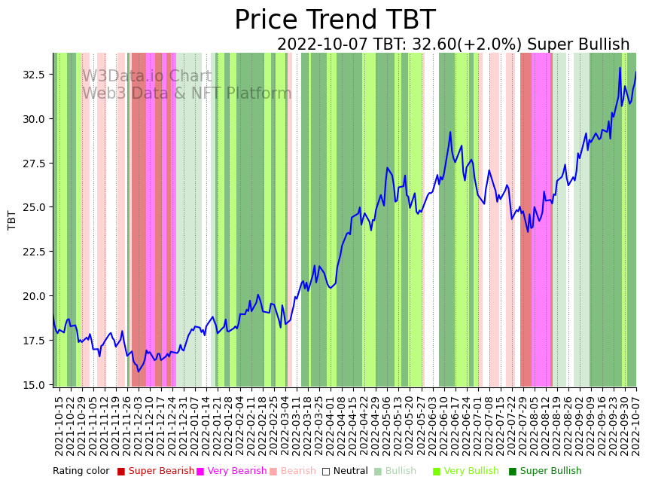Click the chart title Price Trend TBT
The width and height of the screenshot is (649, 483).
coord(334,20)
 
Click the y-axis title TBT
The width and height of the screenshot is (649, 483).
coord(12,219)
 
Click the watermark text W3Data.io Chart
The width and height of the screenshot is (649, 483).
coord(147,77)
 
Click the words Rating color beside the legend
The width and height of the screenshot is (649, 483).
coord(81,471)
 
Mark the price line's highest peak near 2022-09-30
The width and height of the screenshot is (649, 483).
coord(620,68)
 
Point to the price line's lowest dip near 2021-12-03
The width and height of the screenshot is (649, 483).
coord(138,371)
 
